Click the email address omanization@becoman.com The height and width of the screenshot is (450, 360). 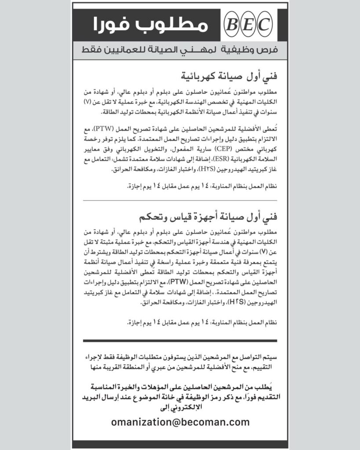coord(180,422)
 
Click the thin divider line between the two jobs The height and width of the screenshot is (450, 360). coord(180,201)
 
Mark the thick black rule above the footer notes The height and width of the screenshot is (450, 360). coord(180,341)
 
